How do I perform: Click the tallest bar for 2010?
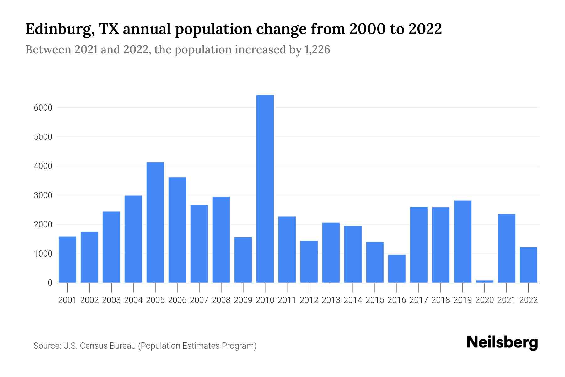(265, 188)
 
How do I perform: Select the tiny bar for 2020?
(485, 281)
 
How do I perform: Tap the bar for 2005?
(155, 222)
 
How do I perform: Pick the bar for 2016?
(397, 269)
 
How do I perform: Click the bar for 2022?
(529, 265)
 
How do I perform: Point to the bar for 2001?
(67, 260)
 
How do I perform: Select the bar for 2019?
(463, 242)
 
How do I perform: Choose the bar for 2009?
(243, 260)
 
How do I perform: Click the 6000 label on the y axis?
(43, 108)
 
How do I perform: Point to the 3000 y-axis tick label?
(43, 195)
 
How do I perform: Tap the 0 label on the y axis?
(50, 283)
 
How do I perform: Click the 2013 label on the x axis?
(331, 300)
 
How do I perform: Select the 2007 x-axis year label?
(199, 300)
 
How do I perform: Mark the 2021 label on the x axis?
(507, 300)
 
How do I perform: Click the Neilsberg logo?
(502, 342)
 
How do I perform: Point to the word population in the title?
(213, 29)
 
